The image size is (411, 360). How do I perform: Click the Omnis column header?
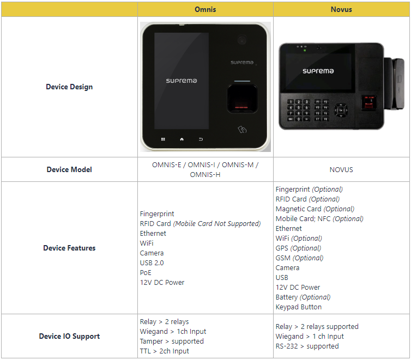pos(205,9)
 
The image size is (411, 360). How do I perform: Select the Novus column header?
pos(341,9)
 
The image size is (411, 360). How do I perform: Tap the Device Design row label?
pos(69,87)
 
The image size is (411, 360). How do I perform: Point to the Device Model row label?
pos(69,169)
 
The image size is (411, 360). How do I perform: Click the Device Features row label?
pos(69,248)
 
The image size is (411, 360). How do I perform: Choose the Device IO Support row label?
pos(69,336)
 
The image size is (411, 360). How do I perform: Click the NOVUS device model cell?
pos(341,169)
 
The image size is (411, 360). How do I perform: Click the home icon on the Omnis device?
pos(182,139)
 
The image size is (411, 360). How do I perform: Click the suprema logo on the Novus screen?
pos(318,71)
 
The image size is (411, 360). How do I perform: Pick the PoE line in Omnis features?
pos(146,272)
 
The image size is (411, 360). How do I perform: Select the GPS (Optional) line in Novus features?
pos(299,248)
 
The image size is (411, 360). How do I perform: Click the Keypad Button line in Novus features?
pos(299,307)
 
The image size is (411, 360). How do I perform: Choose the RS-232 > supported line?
pos(307,346)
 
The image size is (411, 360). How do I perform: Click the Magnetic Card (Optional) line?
pos(315,209)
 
